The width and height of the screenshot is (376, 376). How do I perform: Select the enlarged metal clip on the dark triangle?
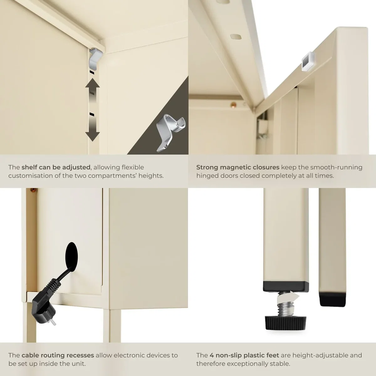(170, 133)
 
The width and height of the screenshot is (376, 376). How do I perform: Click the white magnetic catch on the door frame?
(307, 61)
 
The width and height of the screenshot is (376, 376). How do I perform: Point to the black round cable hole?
(71, 257)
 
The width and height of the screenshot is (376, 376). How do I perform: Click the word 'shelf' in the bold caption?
(29, 167)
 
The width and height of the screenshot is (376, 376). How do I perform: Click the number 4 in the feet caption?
(211, 355)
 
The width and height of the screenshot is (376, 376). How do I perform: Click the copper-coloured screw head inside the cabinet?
(233, 105)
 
